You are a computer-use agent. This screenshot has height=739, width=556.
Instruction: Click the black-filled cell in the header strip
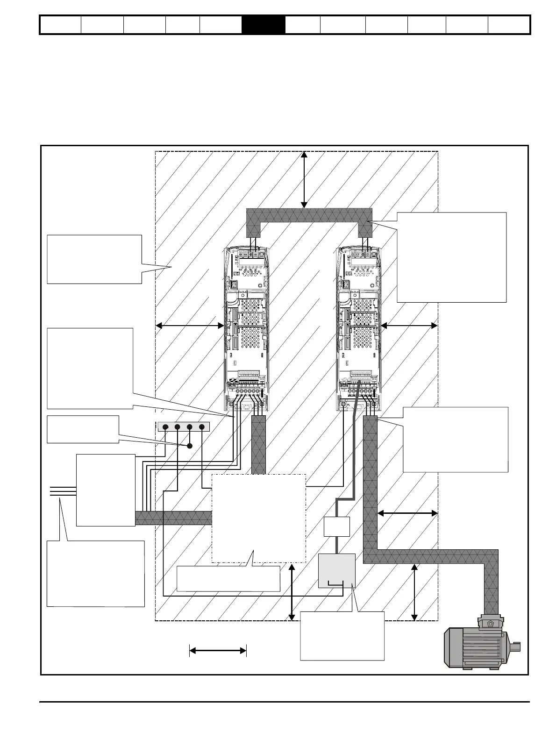[264, 25]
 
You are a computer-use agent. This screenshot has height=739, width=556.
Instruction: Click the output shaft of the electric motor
[515, 647]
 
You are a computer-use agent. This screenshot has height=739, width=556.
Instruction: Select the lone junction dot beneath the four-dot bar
[190, 446]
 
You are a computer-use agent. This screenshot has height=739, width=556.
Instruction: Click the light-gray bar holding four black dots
[184, 426]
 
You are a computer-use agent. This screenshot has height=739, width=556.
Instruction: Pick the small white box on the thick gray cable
[337, 526]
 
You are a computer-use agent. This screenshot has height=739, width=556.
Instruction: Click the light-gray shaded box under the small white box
[336, 570]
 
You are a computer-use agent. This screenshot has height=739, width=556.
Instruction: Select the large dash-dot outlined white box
[259, 518]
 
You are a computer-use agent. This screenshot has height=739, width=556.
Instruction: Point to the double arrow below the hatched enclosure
[218, 650]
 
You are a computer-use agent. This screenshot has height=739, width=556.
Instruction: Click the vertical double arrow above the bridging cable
[304, 179]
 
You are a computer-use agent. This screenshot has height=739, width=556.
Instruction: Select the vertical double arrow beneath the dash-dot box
[292, 592]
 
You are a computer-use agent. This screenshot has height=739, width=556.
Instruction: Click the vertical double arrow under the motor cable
[414, 592]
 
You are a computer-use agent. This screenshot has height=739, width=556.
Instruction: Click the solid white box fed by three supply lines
[106, 490]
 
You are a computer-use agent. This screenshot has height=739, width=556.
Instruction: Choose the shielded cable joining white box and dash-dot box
[173, 518]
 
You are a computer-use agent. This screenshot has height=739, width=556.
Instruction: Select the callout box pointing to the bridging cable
[451, 257]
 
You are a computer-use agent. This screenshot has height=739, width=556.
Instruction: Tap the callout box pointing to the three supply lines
[96, 574]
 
